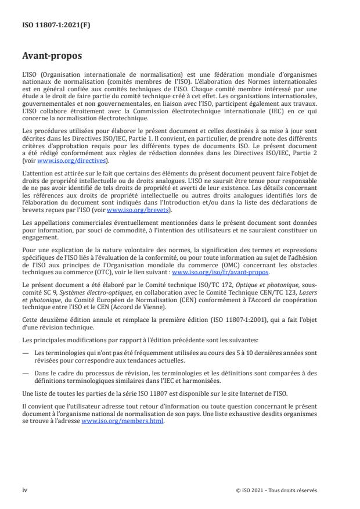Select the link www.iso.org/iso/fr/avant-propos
click(221, 271)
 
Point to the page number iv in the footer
click(24, 490)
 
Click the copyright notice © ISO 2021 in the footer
click(276, 490)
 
